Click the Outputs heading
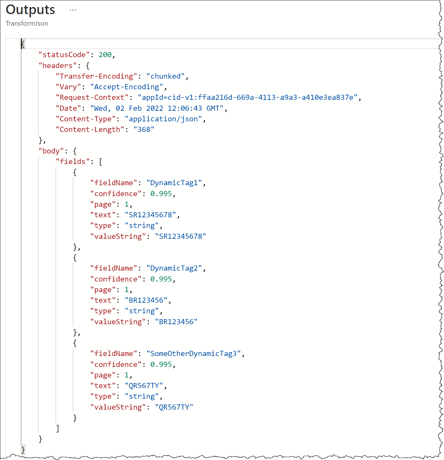30,10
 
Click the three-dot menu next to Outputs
73,10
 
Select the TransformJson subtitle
27,23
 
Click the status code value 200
105,55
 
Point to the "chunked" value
165,76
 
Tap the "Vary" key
69,87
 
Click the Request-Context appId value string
247,97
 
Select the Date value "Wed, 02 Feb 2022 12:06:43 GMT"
157,108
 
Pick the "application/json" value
163,119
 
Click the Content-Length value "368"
144,130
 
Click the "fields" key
73,161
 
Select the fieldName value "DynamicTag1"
174,183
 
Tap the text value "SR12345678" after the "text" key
150,215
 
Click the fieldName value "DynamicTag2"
174,268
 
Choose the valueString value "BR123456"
176,322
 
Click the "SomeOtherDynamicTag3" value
194,354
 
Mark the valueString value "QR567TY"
174,407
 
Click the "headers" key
58,65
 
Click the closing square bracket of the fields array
58,428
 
